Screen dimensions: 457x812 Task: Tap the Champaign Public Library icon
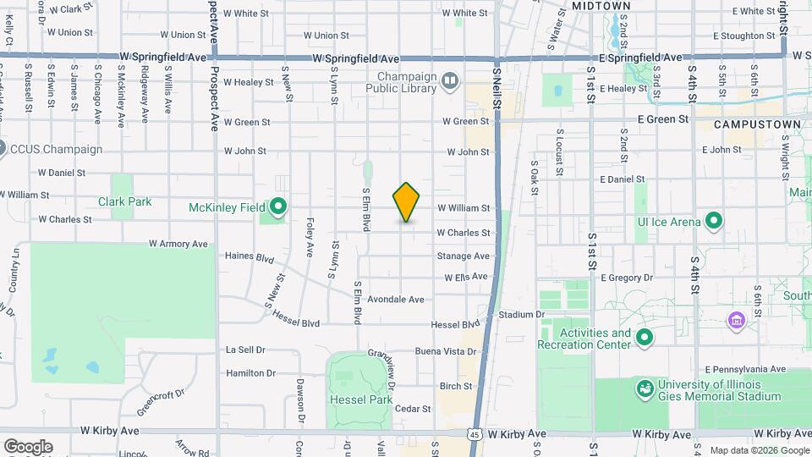tap(450, 81)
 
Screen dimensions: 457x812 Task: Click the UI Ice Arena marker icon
tap(714, 222)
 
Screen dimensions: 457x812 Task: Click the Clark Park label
tap(124, 201)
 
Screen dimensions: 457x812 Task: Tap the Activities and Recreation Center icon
tap(645, 339)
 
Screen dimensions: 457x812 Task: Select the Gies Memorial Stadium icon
tap(645, 388)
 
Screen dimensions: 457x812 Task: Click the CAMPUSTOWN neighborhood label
tap(757, 124)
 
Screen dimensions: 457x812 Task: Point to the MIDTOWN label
tap(601, 6)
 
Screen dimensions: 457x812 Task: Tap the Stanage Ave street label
tap(464, 256)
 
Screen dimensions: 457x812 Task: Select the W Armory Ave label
tap(178, 244)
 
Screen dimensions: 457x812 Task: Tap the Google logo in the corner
tap(27, 446)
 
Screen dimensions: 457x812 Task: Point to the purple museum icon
tap(736, 321)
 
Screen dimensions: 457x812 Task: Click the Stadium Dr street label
tap(521, 314)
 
